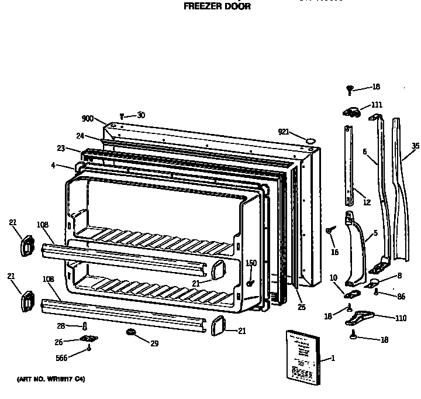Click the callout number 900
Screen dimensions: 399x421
coord(88,119)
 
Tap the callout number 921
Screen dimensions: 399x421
coord(285,132)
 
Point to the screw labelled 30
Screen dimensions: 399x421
coord(122,116)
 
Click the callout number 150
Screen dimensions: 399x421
coord(251,263)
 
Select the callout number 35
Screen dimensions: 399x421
coord(415,146)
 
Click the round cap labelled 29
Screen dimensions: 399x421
coord(131,333)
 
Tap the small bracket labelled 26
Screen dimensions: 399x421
coord(89,340)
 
